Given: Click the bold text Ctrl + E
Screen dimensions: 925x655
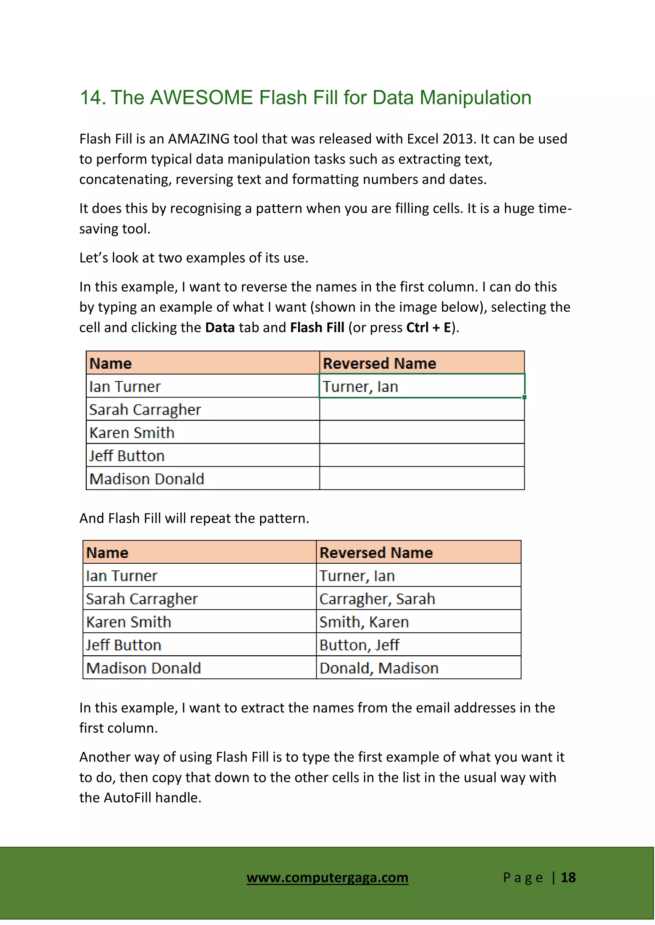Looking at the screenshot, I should [x=428, y=327].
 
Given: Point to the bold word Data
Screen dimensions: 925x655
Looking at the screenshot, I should [x=220, y=327].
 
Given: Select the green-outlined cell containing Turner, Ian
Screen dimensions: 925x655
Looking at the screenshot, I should [x=422, y=386].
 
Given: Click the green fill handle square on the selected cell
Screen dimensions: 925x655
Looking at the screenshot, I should [x=524, y=397].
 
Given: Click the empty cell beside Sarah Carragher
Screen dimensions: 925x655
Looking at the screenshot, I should [x=422, y=409].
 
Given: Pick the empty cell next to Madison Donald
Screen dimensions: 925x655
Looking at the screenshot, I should [x=422, y=478].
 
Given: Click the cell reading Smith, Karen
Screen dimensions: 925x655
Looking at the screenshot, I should [x=418, y=622].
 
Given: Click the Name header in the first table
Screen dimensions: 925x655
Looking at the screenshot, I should [x=111, y=363].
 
